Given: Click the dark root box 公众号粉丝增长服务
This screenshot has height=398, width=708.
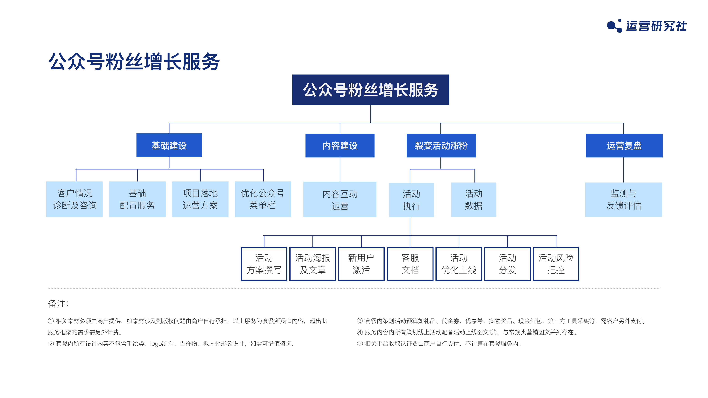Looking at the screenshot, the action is [x=370, y=90].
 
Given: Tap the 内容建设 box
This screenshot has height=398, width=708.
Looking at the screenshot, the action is [x=340, y=145].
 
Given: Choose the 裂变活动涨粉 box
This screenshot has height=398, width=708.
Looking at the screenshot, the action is [x=441, y=145].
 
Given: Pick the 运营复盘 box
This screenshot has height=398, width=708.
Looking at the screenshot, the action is [x=624, y=145].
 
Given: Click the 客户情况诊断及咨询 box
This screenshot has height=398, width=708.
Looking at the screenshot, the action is [x=74, y=199].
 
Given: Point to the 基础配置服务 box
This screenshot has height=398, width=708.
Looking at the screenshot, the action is [x=137, y=199].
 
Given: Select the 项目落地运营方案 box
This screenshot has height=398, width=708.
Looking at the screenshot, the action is [x=200, y=199].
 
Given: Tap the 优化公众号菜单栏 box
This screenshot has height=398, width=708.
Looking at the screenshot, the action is [x=263, y=199].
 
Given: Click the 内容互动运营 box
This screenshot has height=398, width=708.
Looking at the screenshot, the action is [x=340, y=199].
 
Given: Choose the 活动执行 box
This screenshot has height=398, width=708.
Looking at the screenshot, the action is [x=412, y=200].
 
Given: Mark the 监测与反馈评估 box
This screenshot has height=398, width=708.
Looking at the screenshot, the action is [x=624, y=199].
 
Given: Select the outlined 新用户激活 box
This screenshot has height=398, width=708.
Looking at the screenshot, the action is [x=361, y=264].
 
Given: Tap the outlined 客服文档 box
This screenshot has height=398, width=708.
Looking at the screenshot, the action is [x=410, y=264].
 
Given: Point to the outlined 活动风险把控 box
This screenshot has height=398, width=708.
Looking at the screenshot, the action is [x=556, y=264].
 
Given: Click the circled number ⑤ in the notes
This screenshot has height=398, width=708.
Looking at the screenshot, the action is [x=360, y=344].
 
